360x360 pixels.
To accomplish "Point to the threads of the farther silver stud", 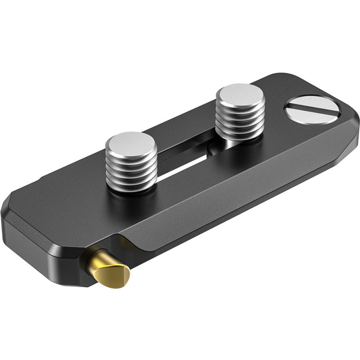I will [x=240, y=119].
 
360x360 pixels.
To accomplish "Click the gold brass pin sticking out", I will [x=110, y=270].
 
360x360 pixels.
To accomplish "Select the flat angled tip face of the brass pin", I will [x=118, y=276].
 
